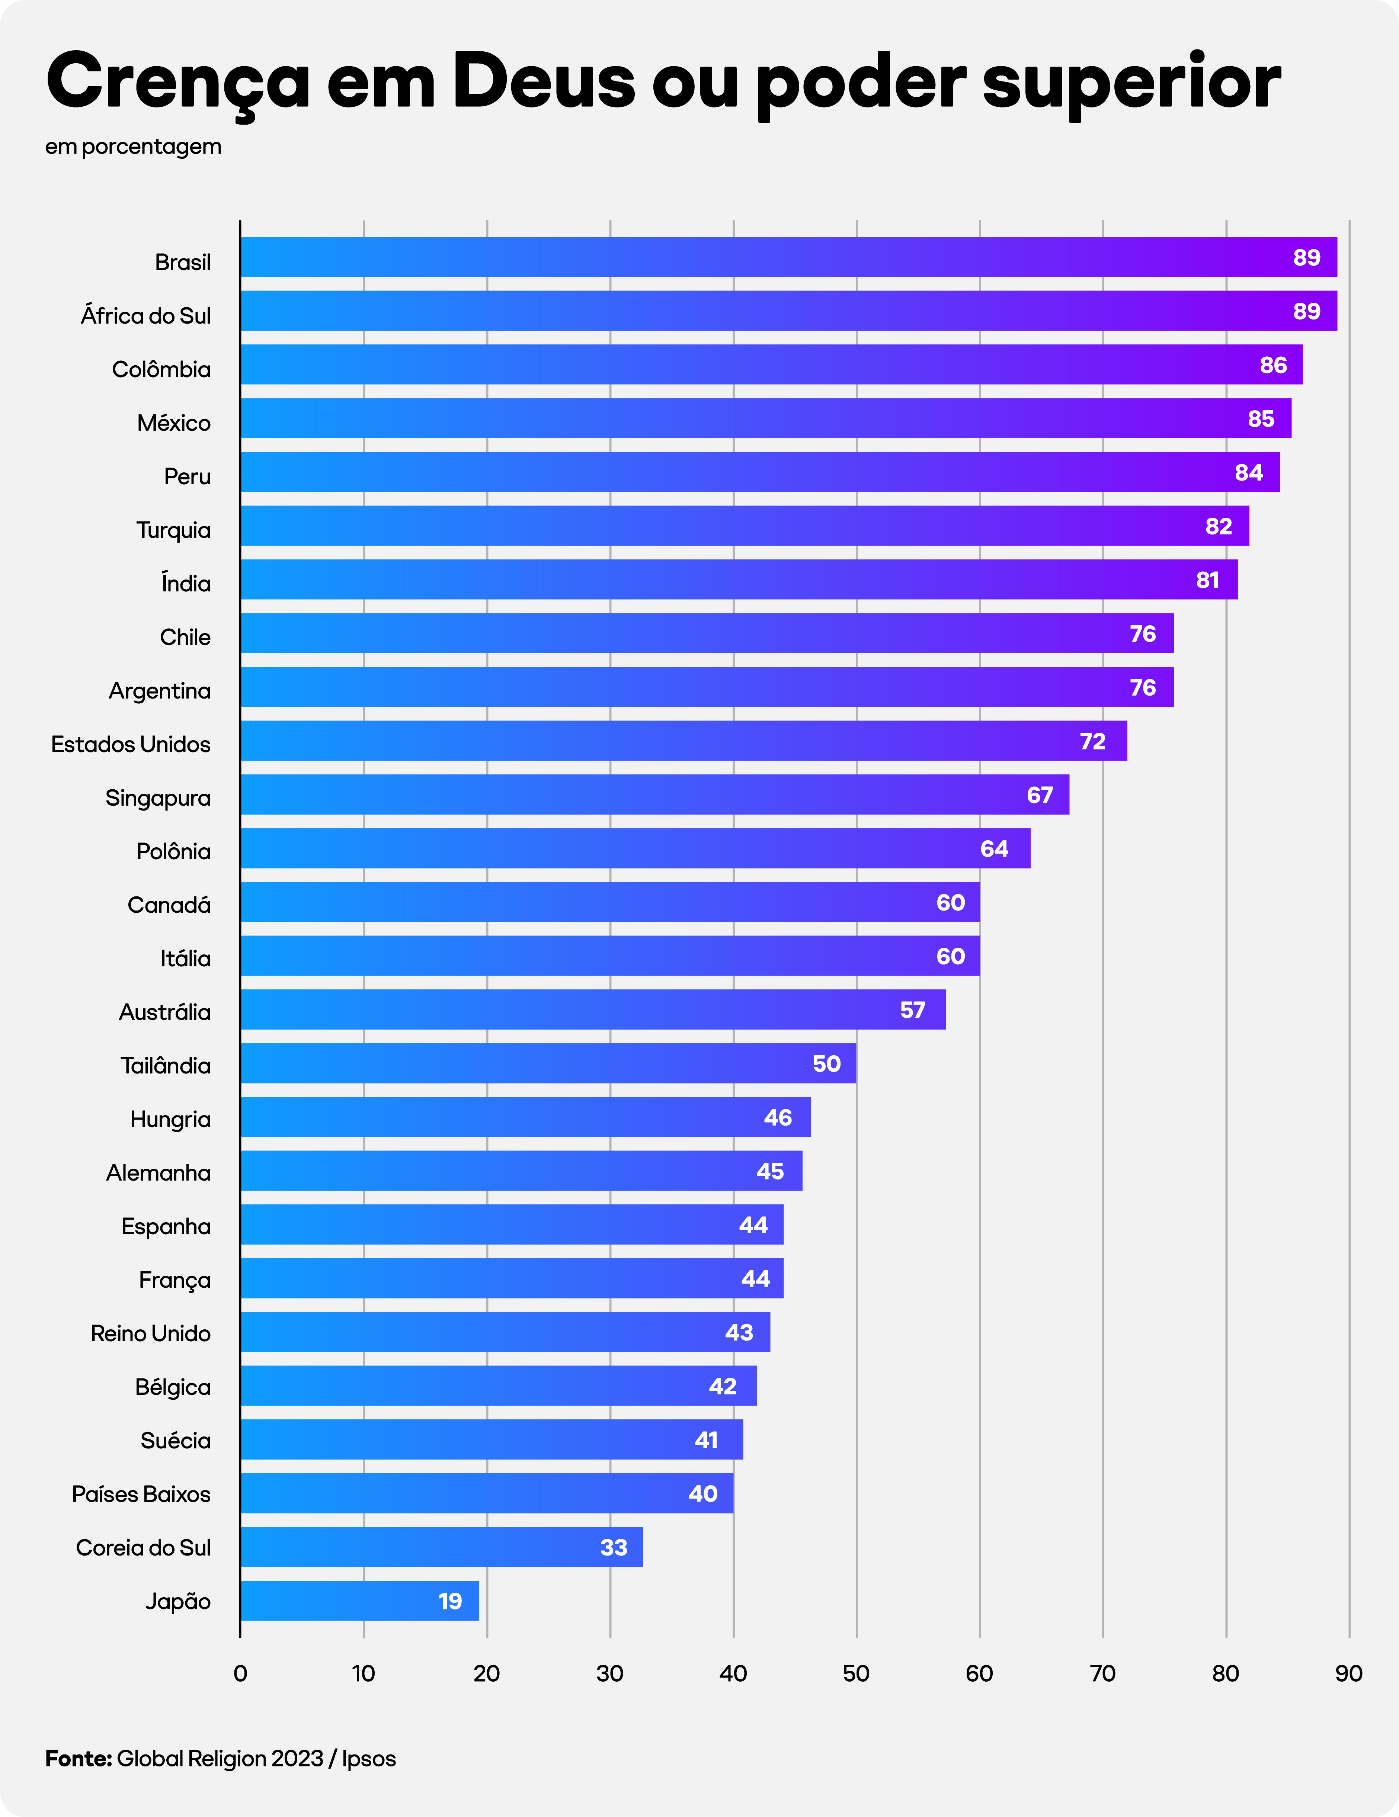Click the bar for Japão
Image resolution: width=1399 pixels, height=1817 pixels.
click(359, 1601)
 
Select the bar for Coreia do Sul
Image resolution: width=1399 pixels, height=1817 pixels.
click(441, 1547)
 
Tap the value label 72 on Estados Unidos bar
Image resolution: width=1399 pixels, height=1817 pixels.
click(1093, 741)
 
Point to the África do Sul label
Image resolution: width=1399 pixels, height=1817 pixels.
click(145, 316)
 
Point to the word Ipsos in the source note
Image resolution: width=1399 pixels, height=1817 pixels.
click(369, 1758)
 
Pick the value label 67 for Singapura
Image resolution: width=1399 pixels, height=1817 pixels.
click(1040, 795)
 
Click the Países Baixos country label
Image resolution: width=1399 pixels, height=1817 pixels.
click(141, 1494)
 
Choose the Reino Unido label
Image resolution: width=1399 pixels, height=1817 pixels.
click(151, 1333)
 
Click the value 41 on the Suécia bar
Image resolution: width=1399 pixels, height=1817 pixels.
click(707, 1440)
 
